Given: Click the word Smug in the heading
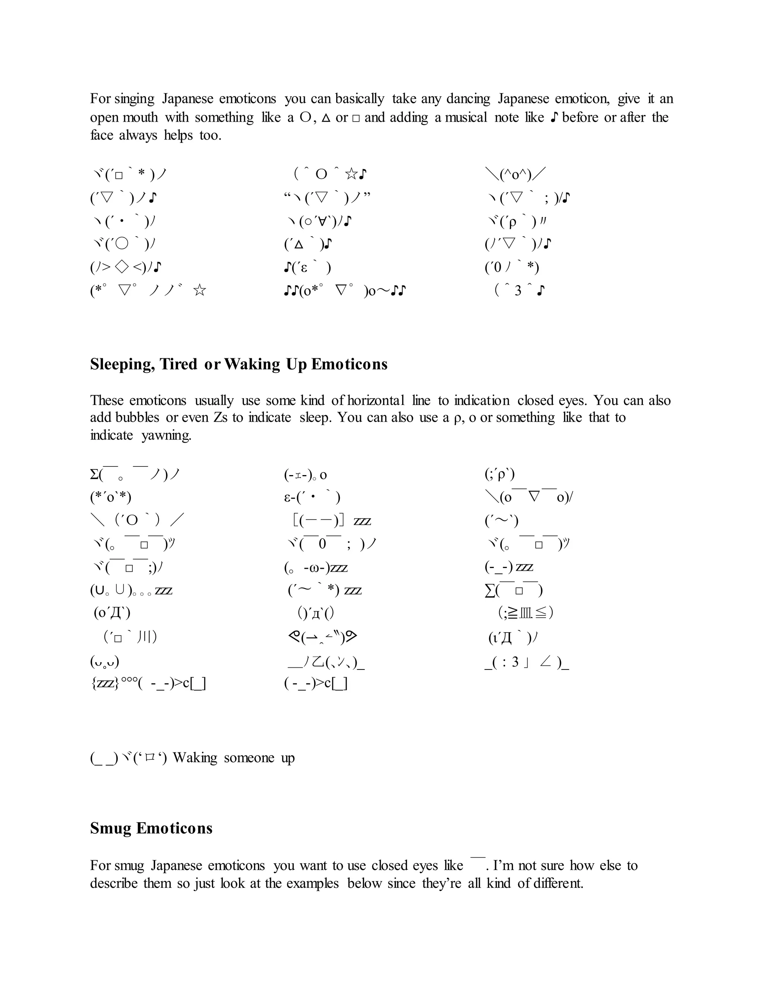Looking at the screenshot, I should tap(110, 828).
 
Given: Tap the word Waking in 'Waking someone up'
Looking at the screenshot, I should tap(195, 758).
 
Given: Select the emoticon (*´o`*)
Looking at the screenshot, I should tap(110, 497).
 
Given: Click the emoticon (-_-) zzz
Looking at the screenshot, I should tap(509, 567).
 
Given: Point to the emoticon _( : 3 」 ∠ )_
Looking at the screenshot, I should tap(526, 662).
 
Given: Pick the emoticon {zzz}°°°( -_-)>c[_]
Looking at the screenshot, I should tap(148, 684).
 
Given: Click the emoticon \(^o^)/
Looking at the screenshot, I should tap(516, 174).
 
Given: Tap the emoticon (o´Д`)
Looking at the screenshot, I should tap(112, 613).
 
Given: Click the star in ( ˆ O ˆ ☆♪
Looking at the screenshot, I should tap(351, 174).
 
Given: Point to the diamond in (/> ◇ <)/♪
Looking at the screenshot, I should tap(122, 268).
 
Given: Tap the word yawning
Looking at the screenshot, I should tap(166, 435).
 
